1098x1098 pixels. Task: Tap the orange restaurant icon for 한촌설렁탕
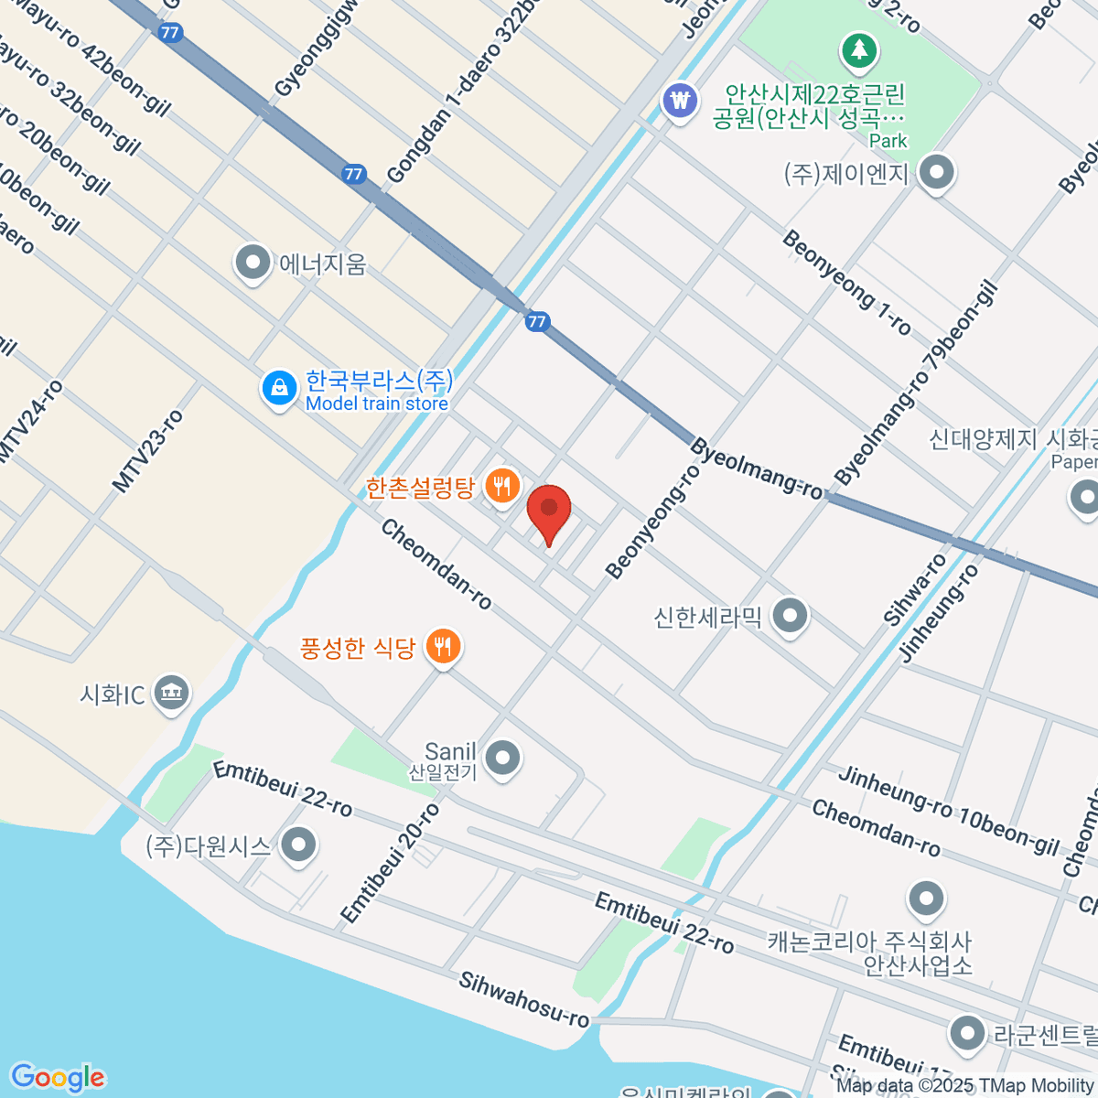(501, 485)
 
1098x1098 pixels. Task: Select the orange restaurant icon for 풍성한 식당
(443, 647)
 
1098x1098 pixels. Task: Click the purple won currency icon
(680, 99)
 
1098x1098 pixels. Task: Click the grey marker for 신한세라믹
(789, 616)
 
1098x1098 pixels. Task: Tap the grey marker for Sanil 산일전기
(502, 758)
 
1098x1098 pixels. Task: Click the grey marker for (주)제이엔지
(935, 173)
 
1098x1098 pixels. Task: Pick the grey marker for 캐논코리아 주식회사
(926, 899)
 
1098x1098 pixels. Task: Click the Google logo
(57, 1077)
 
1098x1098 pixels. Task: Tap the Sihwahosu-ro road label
(525, 999)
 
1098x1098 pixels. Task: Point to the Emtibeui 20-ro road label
(390, 864)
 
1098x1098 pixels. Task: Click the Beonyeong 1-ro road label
(846, 282)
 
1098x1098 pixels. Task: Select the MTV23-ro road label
(148, 451)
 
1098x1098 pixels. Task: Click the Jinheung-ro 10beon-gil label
(949, 811)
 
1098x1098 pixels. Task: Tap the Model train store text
(376, 404)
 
